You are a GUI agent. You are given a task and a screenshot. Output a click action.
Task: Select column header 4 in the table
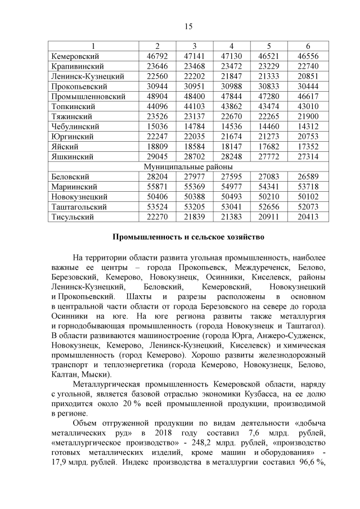click(x=231, y=46)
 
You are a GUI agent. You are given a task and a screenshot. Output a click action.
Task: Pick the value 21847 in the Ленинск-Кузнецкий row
click(x=231, y=76)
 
